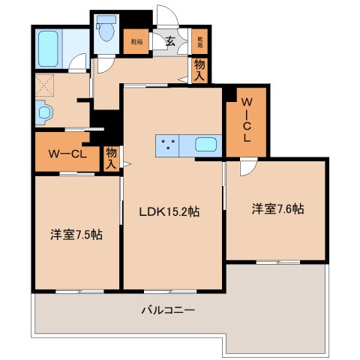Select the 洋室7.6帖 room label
click(277, 209)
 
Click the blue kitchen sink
click(205, 145)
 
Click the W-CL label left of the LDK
click(69, 154)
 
